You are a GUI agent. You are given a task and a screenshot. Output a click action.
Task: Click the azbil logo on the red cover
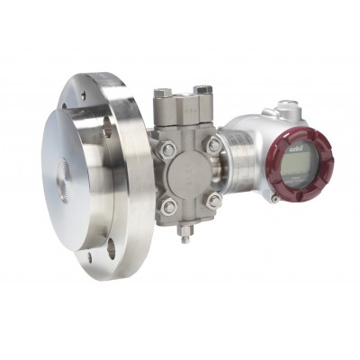(296, 141)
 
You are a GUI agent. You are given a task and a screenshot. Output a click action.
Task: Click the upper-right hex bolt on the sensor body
(213, 145)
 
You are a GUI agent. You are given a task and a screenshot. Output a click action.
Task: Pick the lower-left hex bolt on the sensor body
(169, 207)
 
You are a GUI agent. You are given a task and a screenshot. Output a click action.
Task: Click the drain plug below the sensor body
(184, 236)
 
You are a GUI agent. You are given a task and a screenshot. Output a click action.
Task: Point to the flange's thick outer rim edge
(135, 180)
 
